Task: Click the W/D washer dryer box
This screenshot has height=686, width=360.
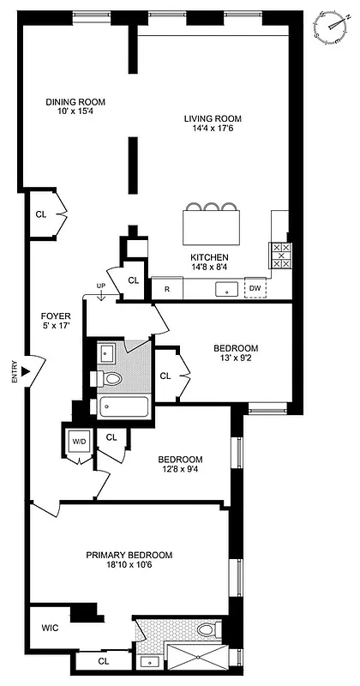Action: (x=79, y=442)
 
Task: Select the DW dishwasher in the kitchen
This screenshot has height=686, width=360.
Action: (x=255, y=289)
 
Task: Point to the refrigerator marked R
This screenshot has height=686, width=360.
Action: (x=167, y=290)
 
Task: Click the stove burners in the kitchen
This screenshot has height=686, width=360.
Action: (x=281, y=255)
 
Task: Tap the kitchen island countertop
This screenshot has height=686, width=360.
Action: (x=213, y=228)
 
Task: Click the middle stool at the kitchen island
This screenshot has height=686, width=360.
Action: (x=213, y=207)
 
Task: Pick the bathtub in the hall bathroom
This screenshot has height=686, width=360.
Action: (x=123, y=406)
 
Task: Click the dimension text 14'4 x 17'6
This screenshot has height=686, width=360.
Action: (x=212, y=129)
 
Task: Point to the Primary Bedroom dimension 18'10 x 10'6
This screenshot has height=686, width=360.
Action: (x=129, y=566)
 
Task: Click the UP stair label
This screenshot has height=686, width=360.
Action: (x=101, y=287)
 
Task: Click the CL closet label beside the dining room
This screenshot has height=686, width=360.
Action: (x=40, y=214)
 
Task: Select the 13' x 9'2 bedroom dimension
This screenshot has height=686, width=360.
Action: (x=235, y=359)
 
